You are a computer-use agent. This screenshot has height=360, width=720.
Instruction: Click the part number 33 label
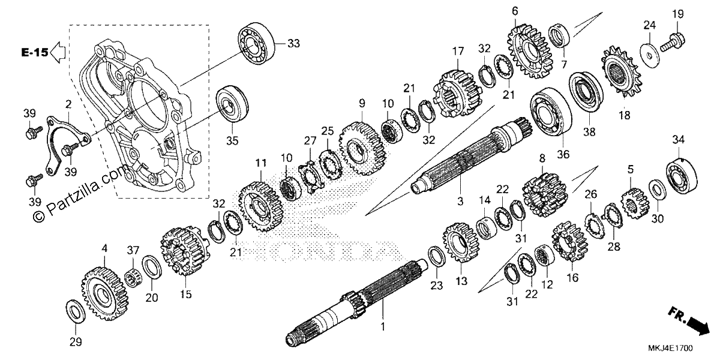293,43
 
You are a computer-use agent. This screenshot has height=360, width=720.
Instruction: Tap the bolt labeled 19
673,43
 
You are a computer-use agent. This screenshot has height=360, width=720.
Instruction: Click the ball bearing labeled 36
551,112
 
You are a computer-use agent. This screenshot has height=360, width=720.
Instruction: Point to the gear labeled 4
106,294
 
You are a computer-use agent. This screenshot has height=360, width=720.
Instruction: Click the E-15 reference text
35,52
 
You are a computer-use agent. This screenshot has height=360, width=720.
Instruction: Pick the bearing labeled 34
682,176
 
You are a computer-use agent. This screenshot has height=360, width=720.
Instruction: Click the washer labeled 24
650,55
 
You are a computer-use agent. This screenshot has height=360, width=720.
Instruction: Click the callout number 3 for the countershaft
460,202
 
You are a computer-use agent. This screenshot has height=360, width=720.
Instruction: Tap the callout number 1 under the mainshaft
383,326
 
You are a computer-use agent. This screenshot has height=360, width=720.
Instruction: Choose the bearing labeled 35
232,103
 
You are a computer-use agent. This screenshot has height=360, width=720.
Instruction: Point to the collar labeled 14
487,227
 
